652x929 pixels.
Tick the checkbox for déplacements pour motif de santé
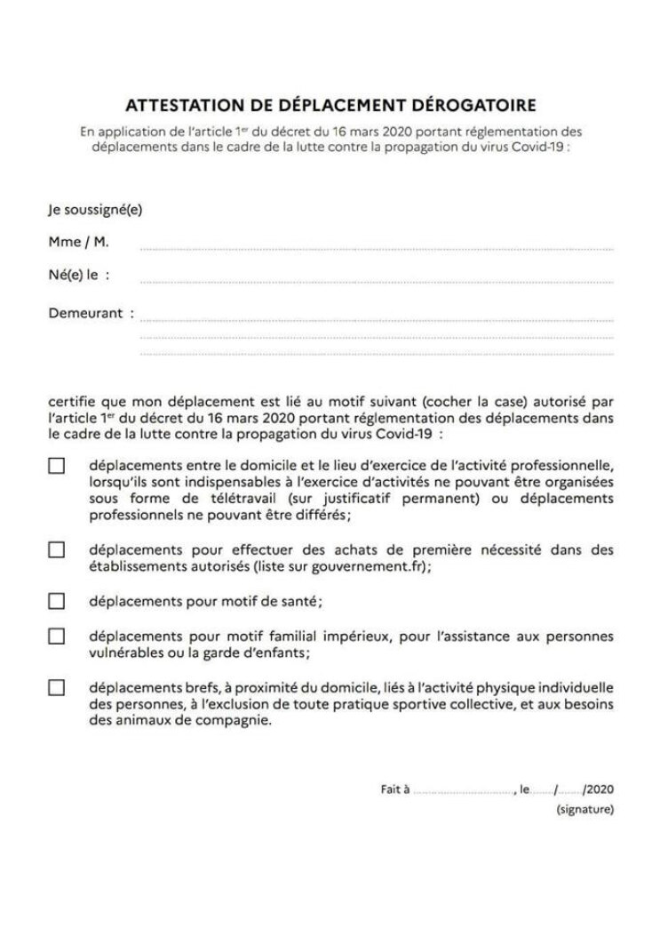click(x=57, y=601)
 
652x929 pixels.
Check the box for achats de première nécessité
click(x=57, y=549)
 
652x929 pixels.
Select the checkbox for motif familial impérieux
click(x=57, y=636)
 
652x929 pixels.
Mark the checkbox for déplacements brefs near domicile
click(x=57, y=687)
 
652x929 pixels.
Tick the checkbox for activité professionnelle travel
click(x=57, y=465)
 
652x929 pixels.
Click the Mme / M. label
click(x=79, y=242)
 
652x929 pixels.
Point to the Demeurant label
click(x=85, y=313)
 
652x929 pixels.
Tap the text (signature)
click(x=584, y=810)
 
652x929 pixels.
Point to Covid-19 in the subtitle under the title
click(x=536, y=147)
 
